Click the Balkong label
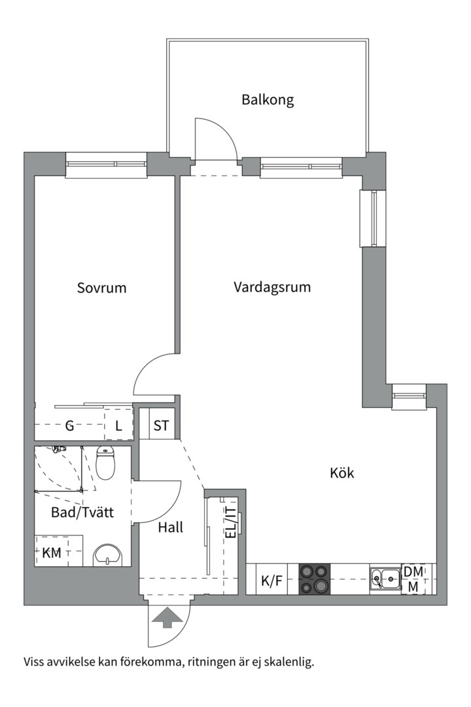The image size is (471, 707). (268, 100)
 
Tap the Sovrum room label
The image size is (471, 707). (101, 287)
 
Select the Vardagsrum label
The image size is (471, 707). (271, 287)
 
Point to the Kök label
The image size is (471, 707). (341, 473)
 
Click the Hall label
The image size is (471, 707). (170, 527)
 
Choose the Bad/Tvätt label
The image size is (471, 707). (82, 513)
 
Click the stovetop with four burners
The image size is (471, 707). (315, 579)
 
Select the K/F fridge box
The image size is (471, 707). (271, 580)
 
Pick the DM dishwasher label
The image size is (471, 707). (413, 571)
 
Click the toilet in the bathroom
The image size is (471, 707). (105, 463)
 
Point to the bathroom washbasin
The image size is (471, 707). (107, 555)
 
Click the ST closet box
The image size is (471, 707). (161, 426)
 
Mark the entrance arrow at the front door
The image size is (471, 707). (167, 617)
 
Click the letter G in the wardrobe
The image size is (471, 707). (69, 426)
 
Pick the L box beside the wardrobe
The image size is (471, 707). (118, 426)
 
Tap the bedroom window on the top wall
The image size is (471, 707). (106, 164)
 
